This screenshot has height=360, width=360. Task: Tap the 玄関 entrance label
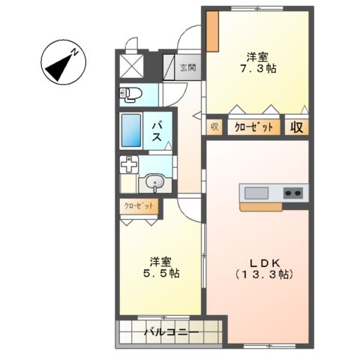pos(187,67)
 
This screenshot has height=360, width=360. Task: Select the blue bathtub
pos(132,131)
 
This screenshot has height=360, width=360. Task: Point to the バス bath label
pos(159,131)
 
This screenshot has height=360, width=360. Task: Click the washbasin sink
pos(155,181)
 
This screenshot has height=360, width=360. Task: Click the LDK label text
pos(265,262)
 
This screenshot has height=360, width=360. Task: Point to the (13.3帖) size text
pos(265,274)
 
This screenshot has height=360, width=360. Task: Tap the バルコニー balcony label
pos(170,331)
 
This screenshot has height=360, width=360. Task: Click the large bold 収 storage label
pos(296,127)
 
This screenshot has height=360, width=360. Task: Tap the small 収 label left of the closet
pos(214,127)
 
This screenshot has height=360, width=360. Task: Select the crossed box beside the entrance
pos(133,65)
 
